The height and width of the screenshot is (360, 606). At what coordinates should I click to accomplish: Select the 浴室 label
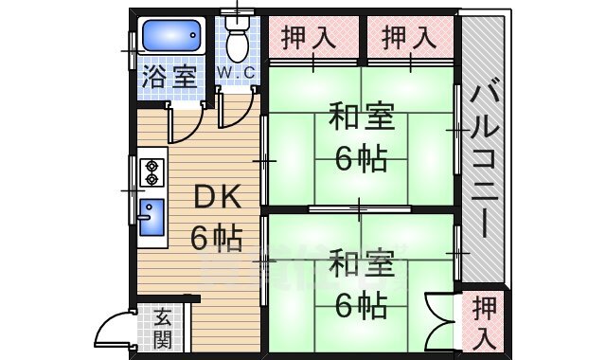click(165, 77)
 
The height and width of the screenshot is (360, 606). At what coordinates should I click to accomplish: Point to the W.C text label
click(236, 73)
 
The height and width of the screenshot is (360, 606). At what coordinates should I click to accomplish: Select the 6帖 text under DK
click(216, 237)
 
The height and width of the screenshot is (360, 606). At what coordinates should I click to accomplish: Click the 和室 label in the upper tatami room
click(360, 120)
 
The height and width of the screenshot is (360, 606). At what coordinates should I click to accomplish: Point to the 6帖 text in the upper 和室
click(361, 158)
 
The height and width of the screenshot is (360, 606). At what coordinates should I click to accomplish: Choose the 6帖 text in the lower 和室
click(361, 304)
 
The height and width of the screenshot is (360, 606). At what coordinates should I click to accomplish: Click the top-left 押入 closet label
click(310, 38)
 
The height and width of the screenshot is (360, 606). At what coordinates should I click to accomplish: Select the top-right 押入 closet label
click(410, 38)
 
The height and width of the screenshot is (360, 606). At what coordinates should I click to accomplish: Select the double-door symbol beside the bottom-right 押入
click(441, 322)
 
